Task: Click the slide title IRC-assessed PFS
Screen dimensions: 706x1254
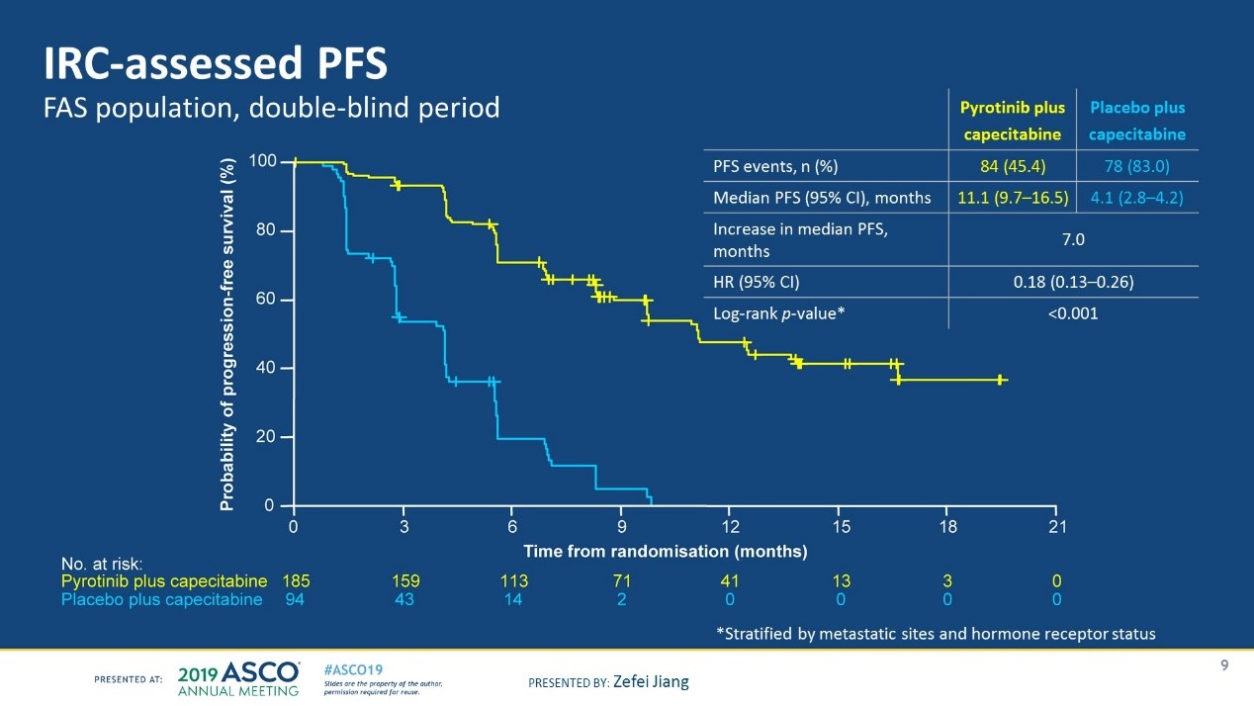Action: (x=215, y=64)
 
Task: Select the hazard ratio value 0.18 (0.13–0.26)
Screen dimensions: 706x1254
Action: (x=1073, y=282)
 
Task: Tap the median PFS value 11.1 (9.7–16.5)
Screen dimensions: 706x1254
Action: (x=1011, y=198)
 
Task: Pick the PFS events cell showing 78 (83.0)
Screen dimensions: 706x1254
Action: (x=1136, y=165)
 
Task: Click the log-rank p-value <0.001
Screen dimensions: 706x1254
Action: (x=1073, y=313)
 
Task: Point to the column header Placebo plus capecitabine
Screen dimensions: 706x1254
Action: (x=1136, y=121)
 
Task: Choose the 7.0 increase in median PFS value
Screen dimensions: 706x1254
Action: (x=1073, y=239)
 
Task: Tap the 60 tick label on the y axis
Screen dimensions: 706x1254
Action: (x=262, y=300)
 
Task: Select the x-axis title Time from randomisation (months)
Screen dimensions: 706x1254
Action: (x=665, y=551)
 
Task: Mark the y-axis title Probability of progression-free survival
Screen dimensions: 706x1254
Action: (x=226, y=334)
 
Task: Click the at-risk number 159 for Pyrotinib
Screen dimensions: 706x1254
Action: (x=405, y=581)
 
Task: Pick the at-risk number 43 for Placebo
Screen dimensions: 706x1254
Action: (x=405, y=599)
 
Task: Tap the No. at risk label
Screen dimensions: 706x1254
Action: (x=103, y=564)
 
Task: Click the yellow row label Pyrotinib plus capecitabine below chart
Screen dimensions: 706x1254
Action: (x=164, y=581)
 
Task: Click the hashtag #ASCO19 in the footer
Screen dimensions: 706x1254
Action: (x=354, y=668)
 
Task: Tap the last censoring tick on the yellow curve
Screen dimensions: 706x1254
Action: (x=1001, y=380)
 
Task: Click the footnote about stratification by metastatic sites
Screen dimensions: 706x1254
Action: (x=935, y=634)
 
